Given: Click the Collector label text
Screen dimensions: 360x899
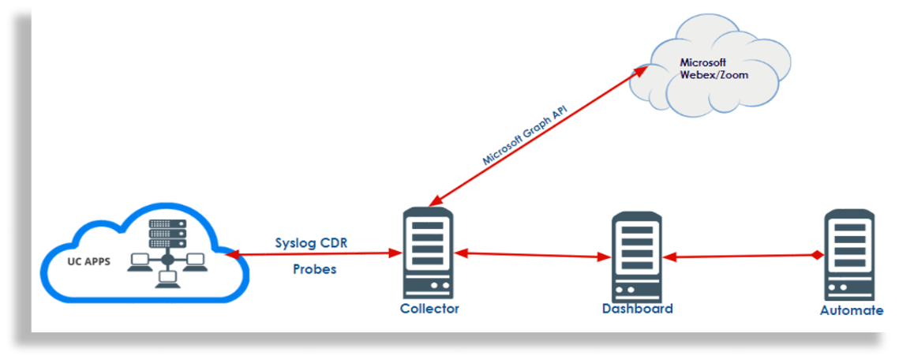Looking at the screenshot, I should point(429,309).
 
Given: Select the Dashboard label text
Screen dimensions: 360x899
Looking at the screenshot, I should point(636,309).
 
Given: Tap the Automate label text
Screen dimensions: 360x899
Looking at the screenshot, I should point(851,310).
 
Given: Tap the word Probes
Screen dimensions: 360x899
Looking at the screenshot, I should point(314,269).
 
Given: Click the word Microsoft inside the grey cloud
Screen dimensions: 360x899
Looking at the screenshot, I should point(703,62).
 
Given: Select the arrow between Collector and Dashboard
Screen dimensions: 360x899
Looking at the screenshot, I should point(533,255).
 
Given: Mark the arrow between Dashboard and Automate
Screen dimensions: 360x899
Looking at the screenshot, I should point(742,256).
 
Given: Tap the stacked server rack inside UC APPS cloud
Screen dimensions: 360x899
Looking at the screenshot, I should point(167,234).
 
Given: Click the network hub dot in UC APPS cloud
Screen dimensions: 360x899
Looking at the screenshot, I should point(167,259).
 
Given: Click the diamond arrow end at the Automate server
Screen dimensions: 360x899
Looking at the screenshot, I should point(818,255).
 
